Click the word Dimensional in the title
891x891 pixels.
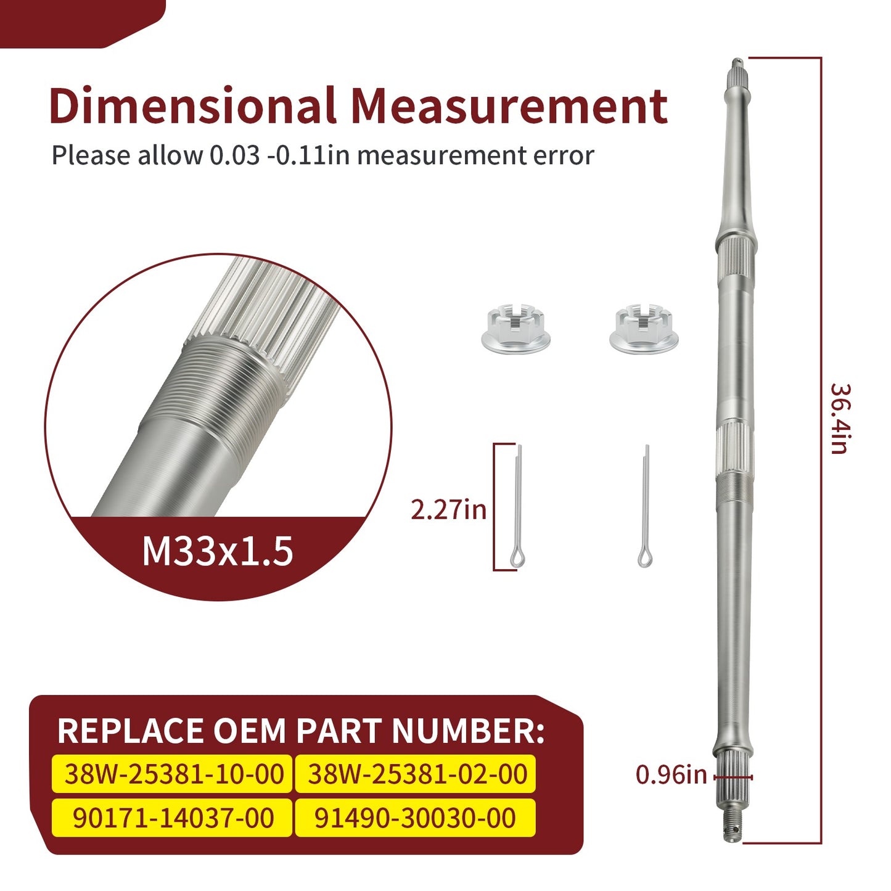[192, 105]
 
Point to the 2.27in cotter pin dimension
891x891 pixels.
[448, 511]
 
